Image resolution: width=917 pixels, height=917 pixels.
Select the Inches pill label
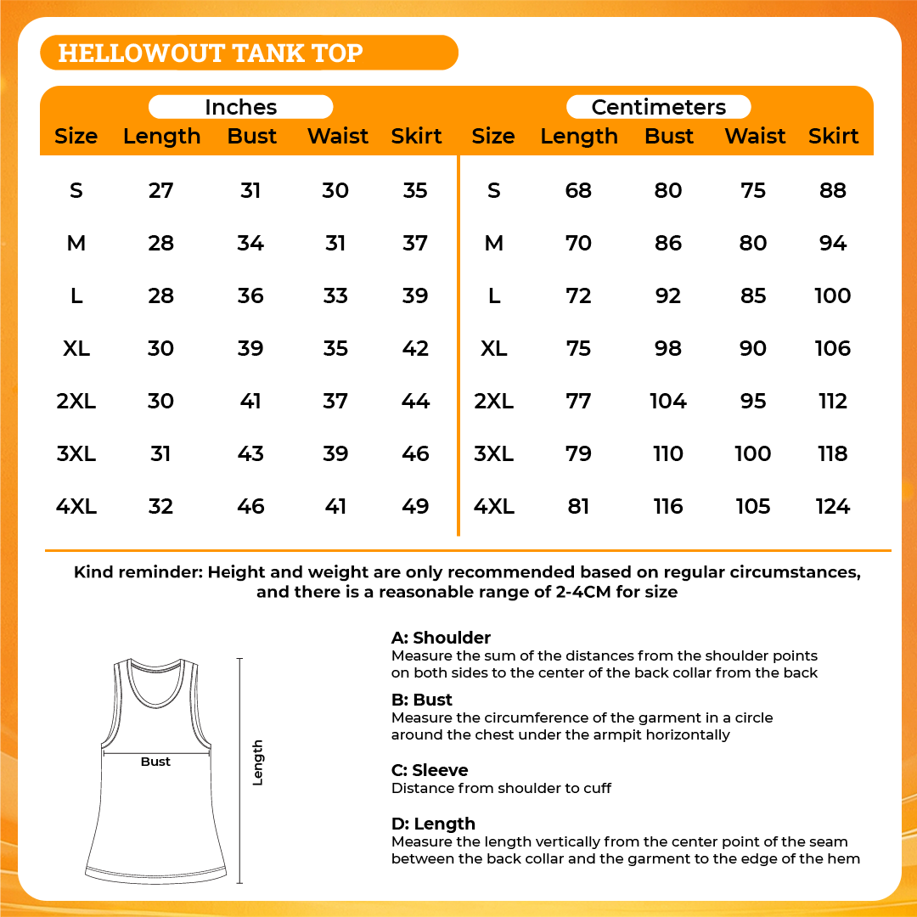[240, 107]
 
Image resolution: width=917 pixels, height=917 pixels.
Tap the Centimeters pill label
[658, 107]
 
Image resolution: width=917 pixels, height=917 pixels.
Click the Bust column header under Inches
[252, 136]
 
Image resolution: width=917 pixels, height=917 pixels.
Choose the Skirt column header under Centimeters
[833, 136]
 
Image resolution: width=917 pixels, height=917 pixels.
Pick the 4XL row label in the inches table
[76, 507]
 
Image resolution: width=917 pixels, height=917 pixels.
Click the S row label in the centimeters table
[494, 190]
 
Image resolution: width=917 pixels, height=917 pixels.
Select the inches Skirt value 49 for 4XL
[415, 507]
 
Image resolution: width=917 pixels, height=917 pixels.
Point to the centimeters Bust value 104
[668, 401]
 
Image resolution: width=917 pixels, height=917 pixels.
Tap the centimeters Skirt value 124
[832, 507]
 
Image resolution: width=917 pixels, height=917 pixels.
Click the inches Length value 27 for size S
[160, 190]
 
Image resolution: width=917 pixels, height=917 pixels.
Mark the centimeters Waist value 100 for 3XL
[752, 454]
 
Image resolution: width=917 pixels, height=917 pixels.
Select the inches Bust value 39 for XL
[250, 348]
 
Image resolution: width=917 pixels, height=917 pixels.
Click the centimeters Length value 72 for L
[578, 295]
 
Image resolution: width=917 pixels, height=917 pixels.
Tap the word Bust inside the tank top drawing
[155, 762]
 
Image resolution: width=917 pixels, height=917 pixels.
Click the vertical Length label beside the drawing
[258, 762]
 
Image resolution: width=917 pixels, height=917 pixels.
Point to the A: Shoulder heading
[441, 638]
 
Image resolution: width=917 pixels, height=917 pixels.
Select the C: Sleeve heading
[430, 770]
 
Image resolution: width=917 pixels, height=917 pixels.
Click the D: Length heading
[433, 824]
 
